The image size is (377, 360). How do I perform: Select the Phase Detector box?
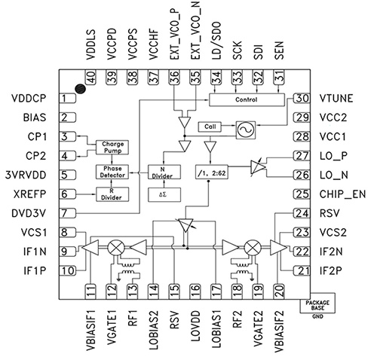click(109, 172)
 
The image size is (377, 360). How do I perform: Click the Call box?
click(211, 127)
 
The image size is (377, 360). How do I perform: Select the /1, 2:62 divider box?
click(224, 173)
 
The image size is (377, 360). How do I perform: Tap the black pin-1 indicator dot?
click(78, 87)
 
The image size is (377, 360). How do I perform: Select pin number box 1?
click(67, 99)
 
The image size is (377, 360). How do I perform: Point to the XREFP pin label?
click(26, 194)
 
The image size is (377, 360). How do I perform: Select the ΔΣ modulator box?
click(162, 195)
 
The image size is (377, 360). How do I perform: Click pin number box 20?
click(280, 288)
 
